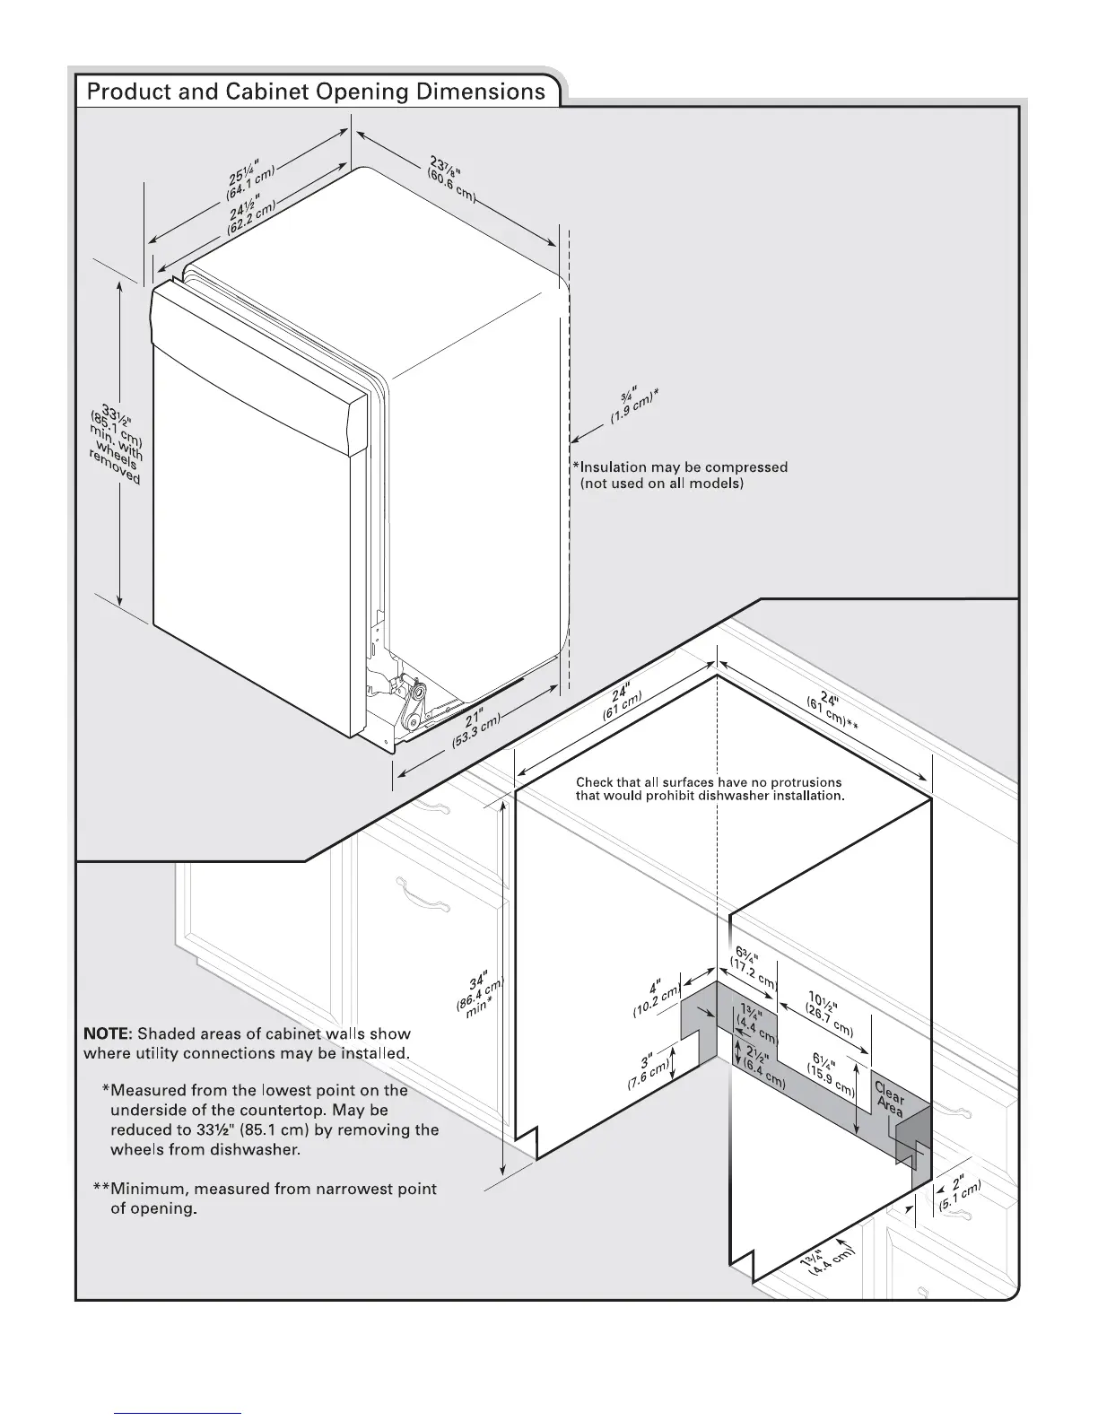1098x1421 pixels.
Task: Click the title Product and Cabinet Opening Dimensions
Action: click(316, 92)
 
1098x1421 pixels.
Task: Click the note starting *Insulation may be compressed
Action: click(681, 475)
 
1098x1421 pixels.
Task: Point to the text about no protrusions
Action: click(710, 789)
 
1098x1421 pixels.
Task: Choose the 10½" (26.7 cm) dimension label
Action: click(831, 1015)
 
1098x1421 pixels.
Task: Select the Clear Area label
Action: click(889, 1099)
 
